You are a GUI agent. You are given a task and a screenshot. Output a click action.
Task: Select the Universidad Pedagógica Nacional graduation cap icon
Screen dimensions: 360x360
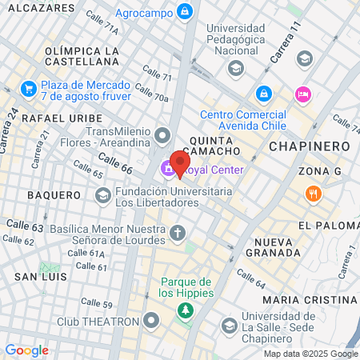point(235,68)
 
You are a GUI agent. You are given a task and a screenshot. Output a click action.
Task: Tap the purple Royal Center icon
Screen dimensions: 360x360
point(167,169)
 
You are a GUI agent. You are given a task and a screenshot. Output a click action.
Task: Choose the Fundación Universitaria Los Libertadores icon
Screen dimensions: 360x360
point(103,195)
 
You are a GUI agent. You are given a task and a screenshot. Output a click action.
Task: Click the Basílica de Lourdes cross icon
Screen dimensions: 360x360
point(177,234)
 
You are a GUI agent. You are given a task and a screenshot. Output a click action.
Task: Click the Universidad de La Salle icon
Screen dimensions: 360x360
point(230,325)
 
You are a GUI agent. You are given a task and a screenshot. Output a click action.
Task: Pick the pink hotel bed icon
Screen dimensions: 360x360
point(302,94)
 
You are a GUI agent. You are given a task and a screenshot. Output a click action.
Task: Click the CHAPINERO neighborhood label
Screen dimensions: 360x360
point(309,146)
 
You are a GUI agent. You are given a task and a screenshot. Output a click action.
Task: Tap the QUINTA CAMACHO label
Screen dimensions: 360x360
point(211,146)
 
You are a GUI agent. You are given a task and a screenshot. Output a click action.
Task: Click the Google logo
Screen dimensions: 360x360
point(26,350)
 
